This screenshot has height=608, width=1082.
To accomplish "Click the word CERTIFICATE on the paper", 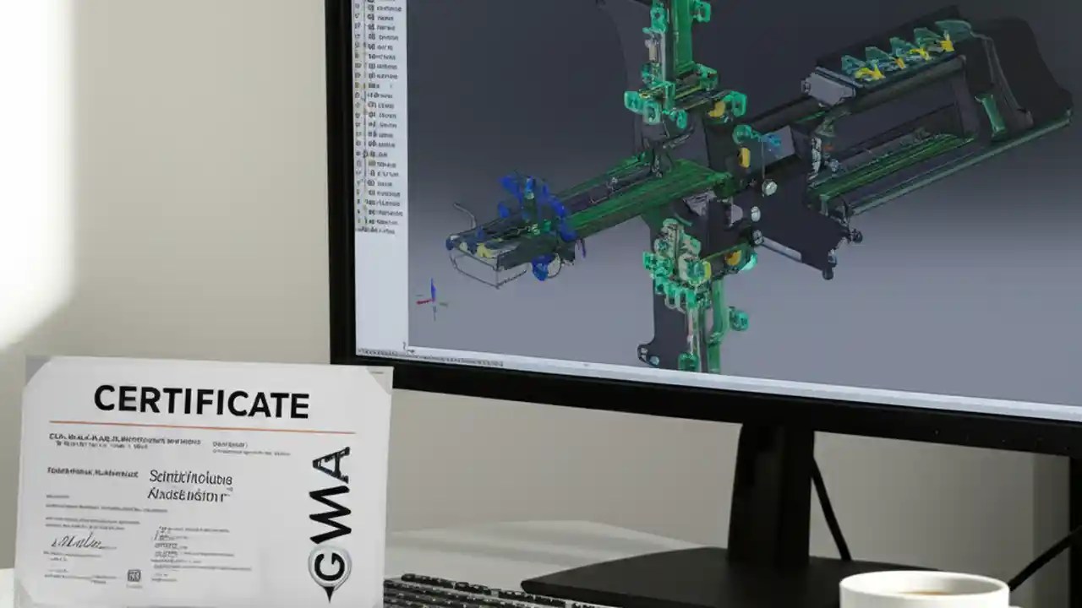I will [x=200, y=402].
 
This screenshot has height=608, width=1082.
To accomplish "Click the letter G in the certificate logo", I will [x=330, y=567].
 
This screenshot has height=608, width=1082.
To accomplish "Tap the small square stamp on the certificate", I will [x=134, y=576].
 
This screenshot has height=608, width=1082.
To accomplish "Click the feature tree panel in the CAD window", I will [x=377, y=118].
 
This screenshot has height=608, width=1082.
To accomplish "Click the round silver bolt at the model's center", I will [x=768, y=187].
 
